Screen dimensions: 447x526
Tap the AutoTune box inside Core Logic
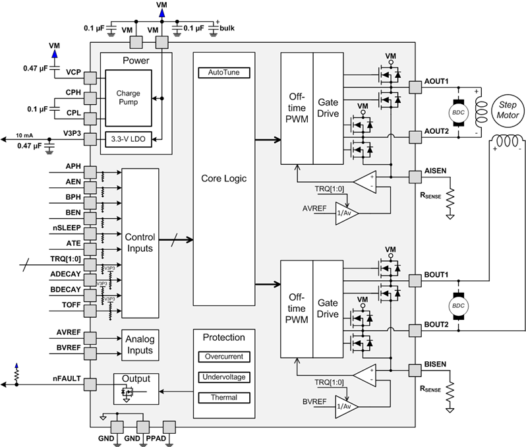(x=224, y=72)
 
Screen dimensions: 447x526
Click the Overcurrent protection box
(x=224, y=356)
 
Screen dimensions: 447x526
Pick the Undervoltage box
(x=224, y=377)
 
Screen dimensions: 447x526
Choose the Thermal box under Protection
(x=224, y=398)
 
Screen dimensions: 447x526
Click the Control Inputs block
(x=140, y=243)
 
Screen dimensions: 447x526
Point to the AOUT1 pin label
(x=436, y=82)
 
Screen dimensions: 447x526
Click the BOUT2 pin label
(x=436, y=324)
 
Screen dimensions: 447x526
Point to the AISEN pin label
(x=435, y=170)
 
